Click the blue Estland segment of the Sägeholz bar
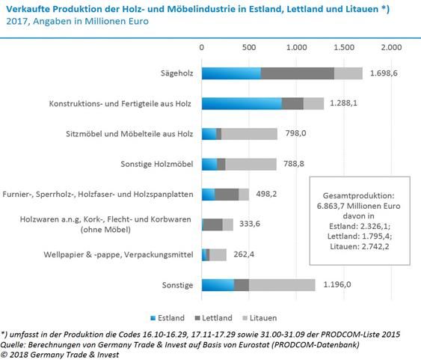click(232, 73)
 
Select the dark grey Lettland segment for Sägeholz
click(298, 73)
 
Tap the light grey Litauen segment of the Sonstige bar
click(282, 285)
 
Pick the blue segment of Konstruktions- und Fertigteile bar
click(242, 104)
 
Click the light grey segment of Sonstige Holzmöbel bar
click(251, 164)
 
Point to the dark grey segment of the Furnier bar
click(227, 195)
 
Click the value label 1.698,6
click(384, 73)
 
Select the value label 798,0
click(296, 133)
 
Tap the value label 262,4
click(244, 254)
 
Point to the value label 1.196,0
click(337, 284)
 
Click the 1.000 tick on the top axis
click(296, 48)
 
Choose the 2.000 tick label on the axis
click(392, 48)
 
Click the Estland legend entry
click(168, 318)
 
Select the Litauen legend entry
click(259, 318)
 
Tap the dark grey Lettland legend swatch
click(197, 318)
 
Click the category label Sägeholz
click(177, 73)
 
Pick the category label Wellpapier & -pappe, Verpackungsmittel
click(118, 254)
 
